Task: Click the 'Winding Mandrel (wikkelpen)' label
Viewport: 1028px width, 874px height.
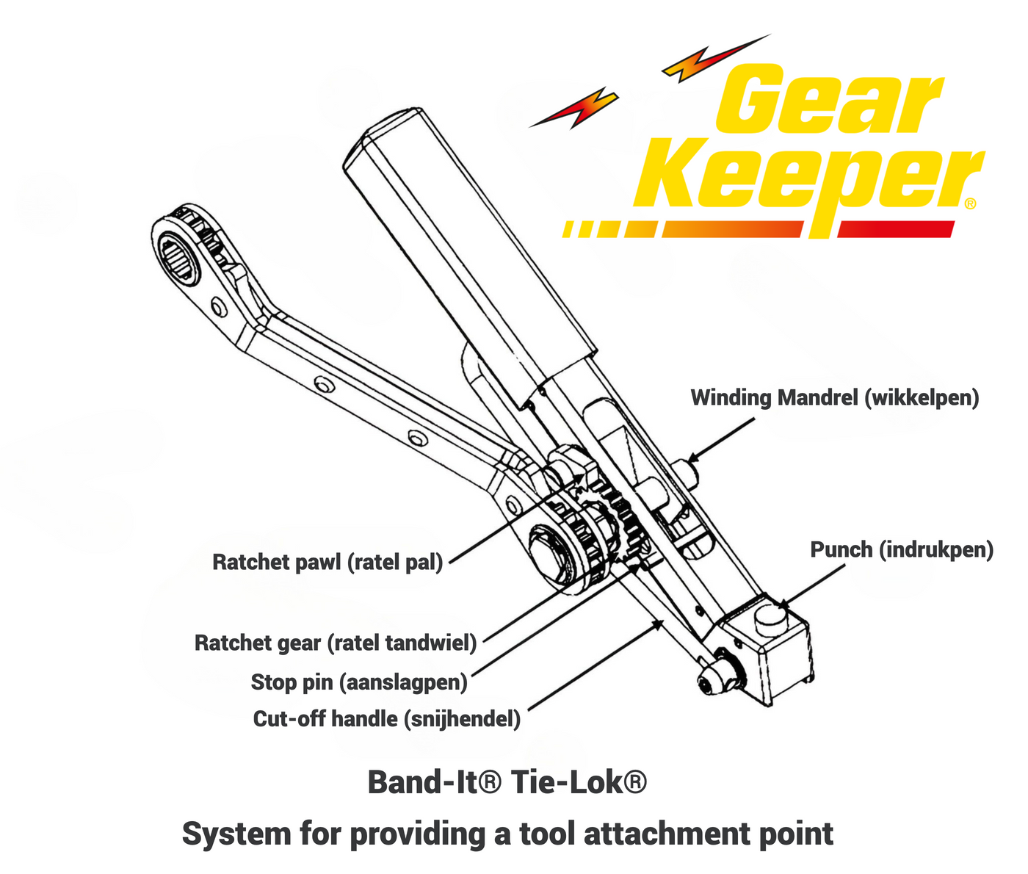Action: coord(835,399)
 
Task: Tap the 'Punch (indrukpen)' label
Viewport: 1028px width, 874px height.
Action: coord(902,550)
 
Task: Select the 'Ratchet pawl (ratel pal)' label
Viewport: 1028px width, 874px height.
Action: coord(327,563)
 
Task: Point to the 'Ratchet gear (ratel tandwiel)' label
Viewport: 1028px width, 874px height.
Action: coord(336,643)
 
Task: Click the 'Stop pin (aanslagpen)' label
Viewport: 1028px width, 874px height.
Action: coord(359,682)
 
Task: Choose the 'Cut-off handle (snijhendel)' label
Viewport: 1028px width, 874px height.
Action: coord(387,719)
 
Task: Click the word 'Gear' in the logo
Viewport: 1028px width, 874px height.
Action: coord(830,99)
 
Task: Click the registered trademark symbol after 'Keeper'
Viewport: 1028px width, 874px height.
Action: coord(970,203)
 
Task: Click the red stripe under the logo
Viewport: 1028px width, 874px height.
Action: coord(896,229)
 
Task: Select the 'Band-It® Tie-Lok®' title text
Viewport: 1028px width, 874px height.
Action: coord(507,782)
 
